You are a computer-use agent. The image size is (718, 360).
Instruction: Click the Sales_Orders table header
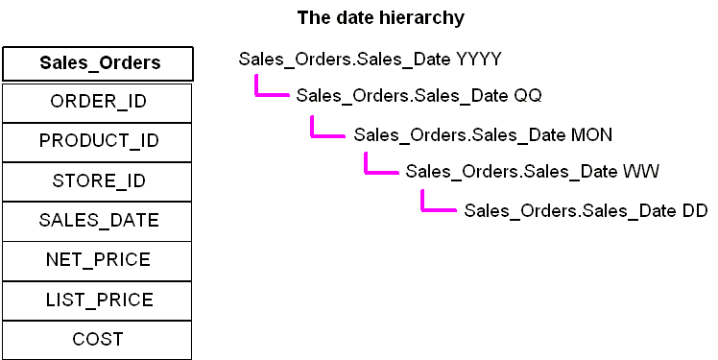99,63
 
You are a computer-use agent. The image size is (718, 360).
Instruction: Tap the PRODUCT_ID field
99,141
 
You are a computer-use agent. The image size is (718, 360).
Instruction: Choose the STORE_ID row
99,180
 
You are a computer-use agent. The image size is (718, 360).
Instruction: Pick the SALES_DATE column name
99,220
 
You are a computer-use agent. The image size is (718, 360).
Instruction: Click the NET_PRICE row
99,259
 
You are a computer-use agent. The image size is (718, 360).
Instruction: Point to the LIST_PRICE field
99,300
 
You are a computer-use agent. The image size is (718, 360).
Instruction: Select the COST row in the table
99,339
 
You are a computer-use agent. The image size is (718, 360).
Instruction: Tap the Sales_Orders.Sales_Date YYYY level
370,60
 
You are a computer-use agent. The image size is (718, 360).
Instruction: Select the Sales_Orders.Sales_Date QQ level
419,95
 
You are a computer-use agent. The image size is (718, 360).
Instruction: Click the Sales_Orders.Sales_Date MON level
483,134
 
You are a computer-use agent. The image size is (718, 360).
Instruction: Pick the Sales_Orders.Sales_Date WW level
532,172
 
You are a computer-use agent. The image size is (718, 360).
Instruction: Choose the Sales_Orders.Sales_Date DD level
586,210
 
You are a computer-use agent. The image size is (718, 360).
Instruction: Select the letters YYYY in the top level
478,60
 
